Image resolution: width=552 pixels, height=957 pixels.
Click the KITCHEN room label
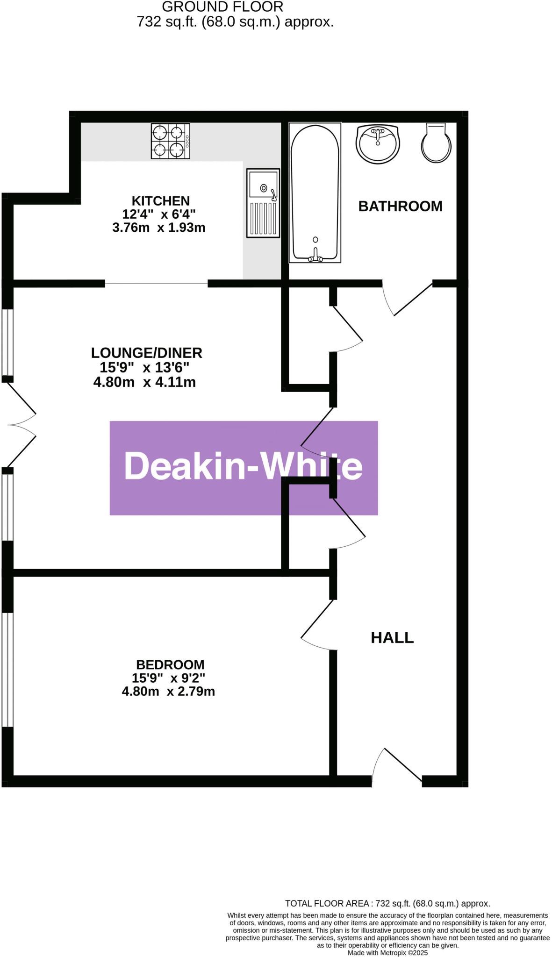pyautogui.click(x=160, y=201)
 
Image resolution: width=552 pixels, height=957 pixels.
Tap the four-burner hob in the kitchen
pyautogui.click(x=170, y=141)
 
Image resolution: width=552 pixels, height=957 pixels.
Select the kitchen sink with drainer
pyautogui.click(x=263, y=203)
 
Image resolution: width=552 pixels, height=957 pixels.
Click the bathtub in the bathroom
pyautogui.click(x=315, y=192)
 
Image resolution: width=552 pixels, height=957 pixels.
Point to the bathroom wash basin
pyautogui.click(x=378, y=143)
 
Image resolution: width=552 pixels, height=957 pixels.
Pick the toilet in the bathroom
pyautogui.click(x=437, y=143)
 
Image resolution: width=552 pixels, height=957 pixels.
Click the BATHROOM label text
pyautogui.click(x=400, y=206)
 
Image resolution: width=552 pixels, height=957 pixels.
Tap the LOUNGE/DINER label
pyautogui.click(x=146, y=352)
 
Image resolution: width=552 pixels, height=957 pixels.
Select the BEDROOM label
pyautogui.click(x=170, y=664)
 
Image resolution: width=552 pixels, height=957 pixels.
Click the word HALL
pyautogui.click(x=392, y=637)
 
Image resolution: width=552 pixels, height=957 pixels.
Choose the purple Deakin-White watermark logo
pyautogui.click(x=244, y=468)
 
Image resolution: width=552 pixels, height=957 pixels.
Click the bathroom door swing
pyautogui.click(x=407, y=298)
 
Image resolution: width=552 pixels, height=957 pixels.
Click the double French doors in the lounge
pyautogui.click(x=21, y=424)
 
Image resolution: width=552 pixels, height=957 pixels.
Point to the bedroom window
pyautogui.click(x=7, y=669)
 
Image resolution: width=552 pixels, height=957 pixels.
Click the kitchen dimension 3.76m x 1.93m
pyautogui.click(x=159, y=228)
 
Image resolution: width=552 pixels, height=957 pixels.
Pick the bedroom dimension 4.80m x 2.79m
pyautogui.click(x=168, y=691)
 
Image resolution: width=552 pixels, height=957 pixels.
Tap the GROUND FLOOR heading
pyautogui.click(x=222, y=7)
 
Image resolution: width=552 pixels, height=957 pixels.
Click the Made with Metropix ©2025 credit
pyautogui.click(x=387, y=952)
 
